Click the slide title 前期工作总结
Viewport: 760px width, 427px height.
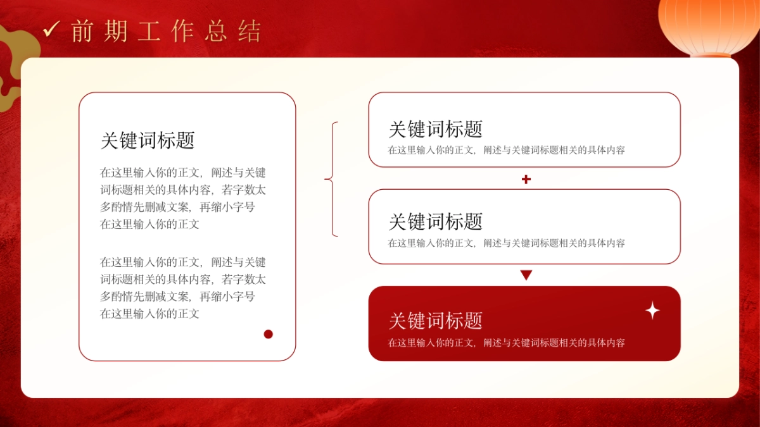[166, 31]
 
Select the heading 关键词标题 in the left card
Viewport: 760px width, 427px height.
[147, 140]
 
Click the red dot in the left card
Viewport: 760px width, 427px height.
[268, 334]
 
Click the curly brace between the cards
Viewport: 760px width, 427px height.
[331, 180]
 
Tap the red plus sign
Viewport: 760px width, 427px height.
[526, 180]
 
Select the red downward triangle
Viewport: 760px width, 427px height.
[526, 275]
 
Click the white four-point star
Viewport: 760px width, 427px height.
[652, 311]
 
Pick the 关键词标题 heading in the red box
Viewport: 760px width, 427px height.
[435, 320]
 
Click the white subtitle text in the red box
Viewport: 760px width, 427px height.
[506, 343]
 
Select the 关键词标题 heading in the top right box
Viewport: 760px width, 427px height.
[435, 129]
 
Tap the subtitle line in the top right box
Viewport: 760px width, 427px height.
[506, 151]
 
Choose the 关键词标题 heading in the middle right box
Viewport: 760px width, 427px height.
[435, 221]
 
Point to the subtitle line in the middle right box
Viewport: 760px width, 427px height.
[506, 243]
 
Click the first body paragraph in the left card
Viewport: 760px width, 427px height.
[183, 198]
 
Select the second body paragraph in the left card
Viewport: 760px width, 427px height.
[183, 288]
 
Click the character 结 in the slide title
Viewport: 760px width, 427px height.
[250, 31]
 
